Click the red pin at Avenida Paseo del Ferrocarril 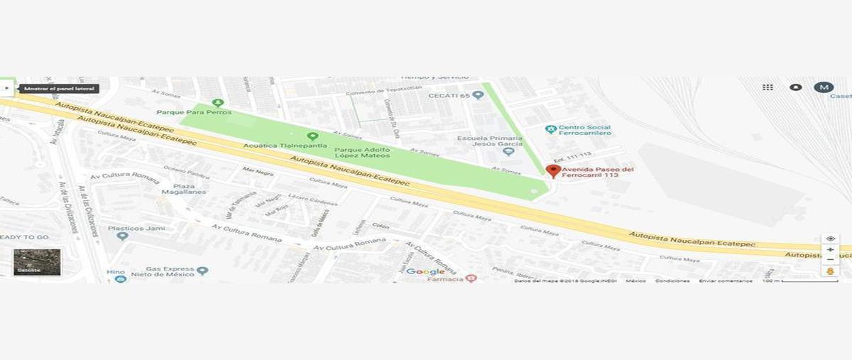point(553,170)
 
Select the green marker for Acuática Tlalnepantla point(312,136)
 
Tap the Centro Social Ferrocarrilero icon point(550,129)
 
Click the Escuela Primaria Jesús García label point(485,141)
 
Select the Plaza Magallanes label point(173,187)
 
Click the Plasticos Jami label point(136,229)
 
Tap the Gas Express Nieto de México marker point(202,271)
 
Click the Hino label point(116,272)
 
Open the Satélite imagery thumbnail point(37,261)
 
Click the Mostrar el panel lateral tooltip point(58,89)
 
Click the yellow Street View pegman point(830,271)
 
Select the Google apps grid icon point(768,87)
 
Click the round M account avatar point(823,87)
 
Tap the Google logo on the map point(425,272)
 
